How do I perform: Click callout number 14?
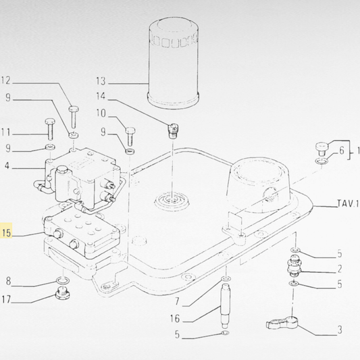coord(102,97)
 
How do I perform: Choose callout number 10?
coord(102,113)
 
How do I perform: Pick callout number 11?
coord(7,132)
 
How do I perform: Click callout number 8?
coord(9,281)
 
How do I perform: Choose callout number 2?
coord(340,269)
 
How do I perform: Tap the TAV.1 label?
coord(346,203)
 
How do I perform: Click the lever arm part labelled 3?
coord(282,324)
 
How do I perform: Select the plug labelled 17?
coord(61,293)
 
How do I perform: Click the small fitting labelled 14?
coord(173,128)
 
